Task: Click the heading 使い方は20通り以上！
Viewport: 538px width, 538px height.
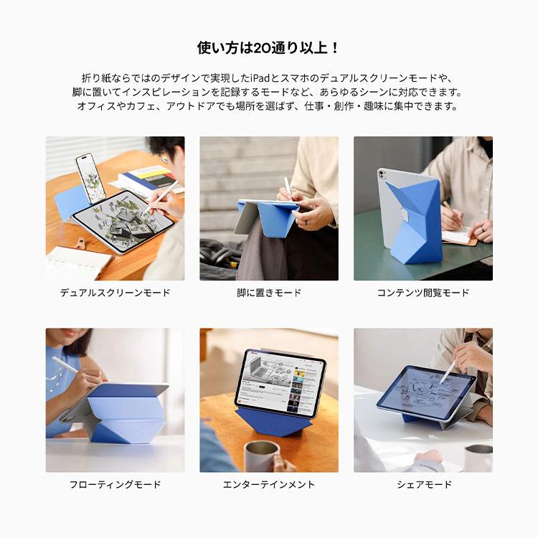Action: pyautogui.click(x=268, y=49)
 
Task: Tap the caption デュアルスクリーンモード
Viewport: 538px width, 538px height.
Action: pyautogui.click(x=115, y=293)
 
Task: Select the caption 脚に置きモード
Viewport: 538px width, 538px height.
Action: pyautogui.click(x=269, y=293)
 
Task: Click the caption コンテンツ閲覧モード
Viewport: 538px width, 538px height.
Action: pyautogui.click(x=423, y=293)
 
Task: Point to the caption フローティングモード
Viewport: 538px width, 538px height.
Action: pyautogui.click(x=115, y=484)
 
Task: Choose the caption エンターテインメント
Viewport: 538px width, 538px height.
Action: pyautogui.click(x=269, y=484)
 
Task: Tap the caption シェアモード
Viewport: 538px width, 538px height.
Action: pyautogui.click(x=424, y=484)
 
